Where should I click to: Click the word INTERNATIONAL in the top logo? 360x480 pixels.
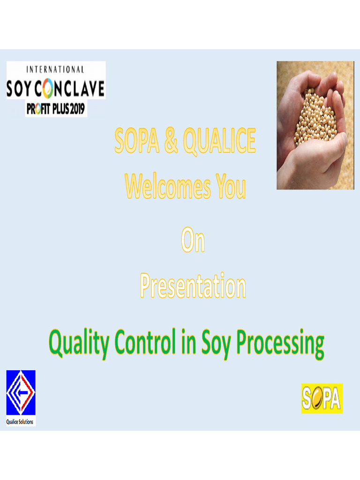click(x=55, y=69)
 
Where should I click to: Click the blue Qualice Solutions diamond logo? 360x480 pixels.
click(x=21, y=393)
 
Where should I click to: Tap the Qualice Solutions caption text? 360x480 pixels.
click(x=20, y=422)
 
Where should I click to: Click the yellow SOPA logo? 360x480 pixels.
click(x=322, y=398)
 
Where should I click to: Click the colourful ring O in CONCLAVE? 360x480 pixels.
click(x=50, y=89)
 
